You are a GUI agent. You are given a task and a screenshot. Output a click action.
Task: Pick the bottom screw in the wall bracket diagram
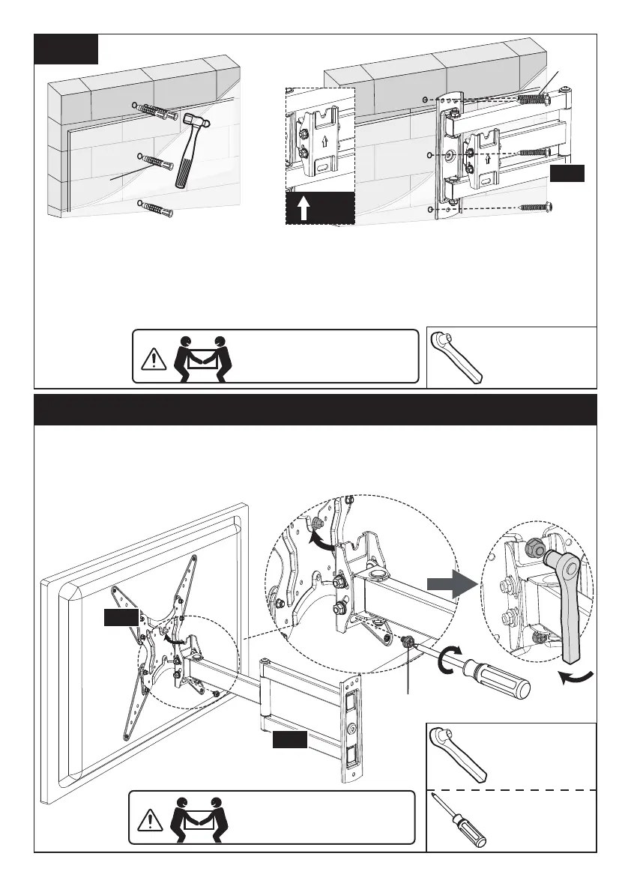pyautogui.click(x=536, y=207)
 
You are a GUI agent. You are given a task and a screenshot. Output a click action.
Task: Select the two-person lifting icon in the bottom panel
pyautogui.click(x=197, y=816)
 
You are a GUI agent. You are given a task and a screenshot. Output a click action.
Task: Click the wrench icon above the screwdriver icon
pyautogui.click(x=459, y=753)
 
